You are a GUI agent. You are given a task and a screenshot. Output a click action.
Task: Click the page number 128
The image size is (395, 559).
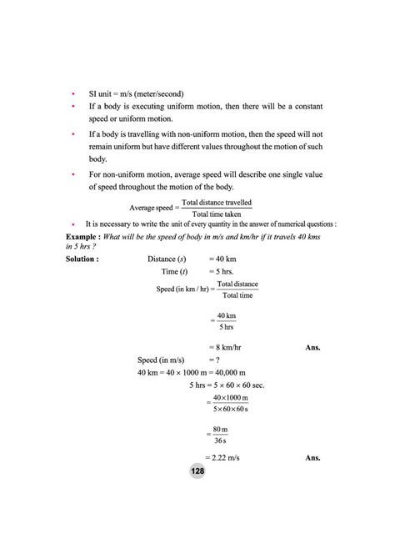coord(197,471)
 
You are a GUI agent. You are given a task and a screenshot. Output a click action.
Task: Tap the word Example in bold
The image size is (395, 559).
coord(82,237)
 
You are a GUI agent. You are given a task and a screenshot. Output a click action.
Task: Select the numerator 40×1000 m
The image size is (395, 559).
coord(229,399)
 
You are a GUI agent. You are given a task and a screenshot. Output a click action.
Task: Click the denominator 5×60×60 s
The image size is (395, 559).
coord(230,410)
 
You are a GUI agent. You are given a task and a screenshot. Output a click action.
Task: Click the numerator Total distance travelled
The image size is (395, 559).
coord(217,203)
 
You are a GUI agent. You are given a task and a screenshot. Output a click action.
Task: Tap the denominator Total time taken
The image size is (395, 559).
coord(217,214)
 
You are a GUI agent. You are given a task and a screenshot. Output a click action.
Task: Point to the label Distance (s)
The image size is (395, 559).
coord(167,259)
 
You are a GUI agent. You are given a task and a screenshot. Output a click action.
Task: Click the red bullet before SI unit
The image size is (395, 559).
coord(74,93)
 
